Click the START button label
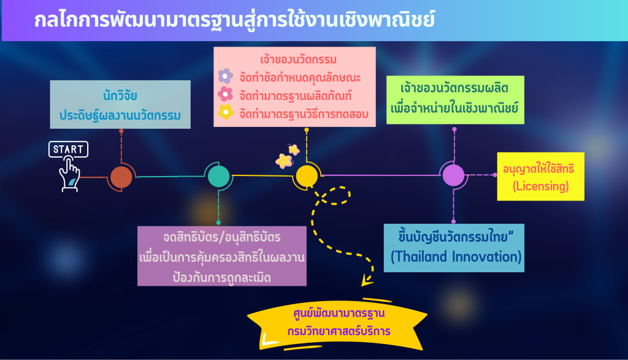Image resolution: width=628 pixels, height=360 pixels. coord(68,150)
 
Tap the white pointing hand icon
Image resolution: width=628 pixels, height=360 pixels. coord(69,175)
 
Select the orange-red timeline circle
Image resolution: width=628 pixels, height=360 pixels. coord(121,177)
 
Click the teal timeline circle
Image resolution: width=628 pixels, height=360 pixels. coord(219,176)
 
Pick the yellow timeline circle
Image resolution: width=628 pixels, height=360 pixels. coord(307,176)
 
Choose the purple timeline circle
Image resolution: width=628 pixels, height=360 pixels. coord(453,175)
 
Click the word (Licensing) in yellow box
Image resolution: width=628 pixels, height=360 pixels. coord(541,186)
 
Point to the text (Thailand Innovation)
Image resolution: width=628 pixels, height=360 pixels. coord(456,257)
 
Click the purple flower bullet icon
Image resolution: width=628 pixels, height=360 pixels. coord(226,75)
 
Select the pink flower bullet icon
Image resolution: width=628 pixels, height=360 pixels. coord(225,94)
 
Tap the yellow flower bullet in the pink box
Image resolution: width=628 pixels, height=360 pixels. coord(226,112)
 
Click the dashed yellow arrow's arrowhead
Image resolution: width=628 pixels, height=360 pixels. coord(367,280)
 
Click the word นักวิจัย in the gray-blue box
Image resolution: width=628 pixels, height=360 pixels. coord(120,96)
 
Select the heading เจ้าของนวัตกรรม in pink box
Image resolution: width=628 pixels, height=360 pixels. coord(299,59)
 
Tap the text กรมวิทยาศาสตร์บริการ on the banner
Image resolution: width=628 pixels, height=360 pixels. coord(339,332)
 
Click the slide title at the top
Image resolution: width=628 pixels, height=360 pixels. coord(234,20)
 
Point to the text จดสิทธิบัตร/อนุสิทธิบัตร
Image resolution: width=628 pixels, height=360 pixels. coord(221,237)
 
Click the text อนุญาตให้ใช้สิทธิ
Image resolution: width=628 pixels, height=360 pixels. coord(538,169)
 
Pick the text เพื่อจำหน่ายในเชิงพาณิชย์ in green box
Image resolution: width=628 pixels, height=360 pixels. coord(454,108)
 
